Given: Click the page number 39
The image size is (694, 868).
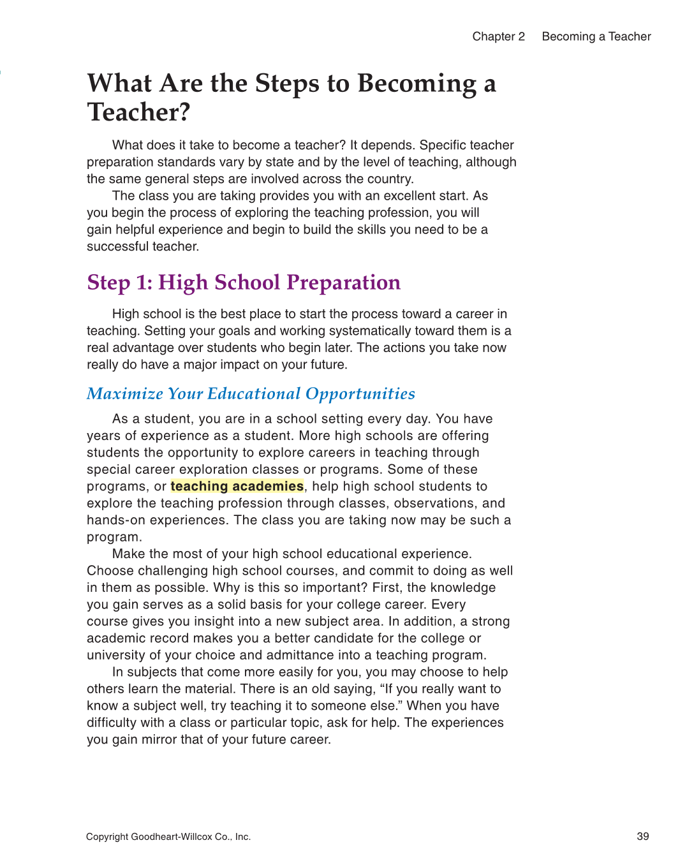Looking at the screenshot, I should click(x=642, y=837).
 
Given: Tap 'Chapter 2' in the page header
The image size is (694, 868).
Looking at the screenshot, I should click(x=498, y=36).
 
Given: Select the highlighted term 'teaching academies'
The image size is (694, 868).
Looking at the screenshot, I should click(x=237, y=487).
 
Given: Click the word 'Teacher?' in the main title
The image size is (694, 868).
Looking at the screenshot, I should click(x=138, y=112).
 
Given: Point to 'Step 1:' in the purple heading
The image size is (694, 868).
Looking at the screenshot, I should click(x=119, y=283).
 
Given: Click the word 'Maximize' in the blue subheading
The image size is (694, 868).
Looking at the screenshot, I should click(x=125, y=394).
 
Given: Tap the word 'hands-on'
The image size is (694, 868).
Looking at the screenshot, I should click(x=112, y=520).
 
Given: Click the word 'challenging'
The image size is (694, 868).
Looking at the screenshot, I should click(x=172, y=571).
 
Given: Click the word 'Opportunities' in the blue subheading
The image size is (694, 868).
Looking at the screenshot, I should click(x=360, y=394).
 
